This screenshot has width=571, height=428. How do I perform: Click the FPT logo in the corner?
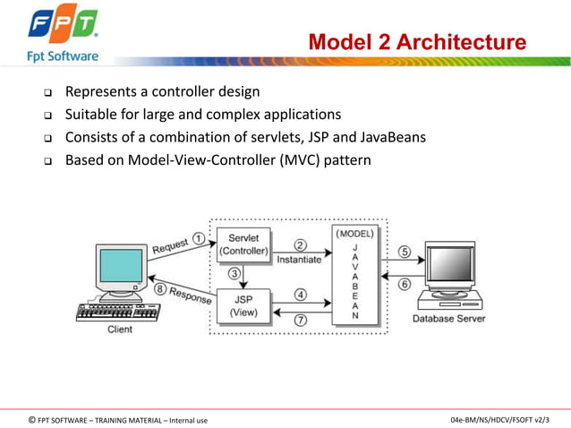coord(61,28)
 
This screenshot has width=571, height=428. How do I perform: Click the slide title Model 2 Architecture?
coord(417,42)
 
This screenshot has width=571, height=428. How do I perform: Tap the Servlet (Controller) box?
coord(243,244)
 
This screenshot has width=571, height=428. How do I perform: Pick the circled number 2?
coord(301,244)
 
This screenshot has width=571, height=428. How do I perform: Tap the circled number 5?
coord(405,253)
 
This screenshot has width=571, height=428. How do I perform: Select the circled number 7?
coord(301,320)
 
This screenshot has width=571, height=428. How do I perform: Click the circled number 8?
coord(158,288)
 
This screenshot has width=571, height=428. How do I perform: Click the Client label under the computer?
coord(118,330)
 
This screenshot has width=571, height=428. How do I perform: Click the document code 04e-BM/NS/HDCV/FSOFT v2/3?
coord(500,419)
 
